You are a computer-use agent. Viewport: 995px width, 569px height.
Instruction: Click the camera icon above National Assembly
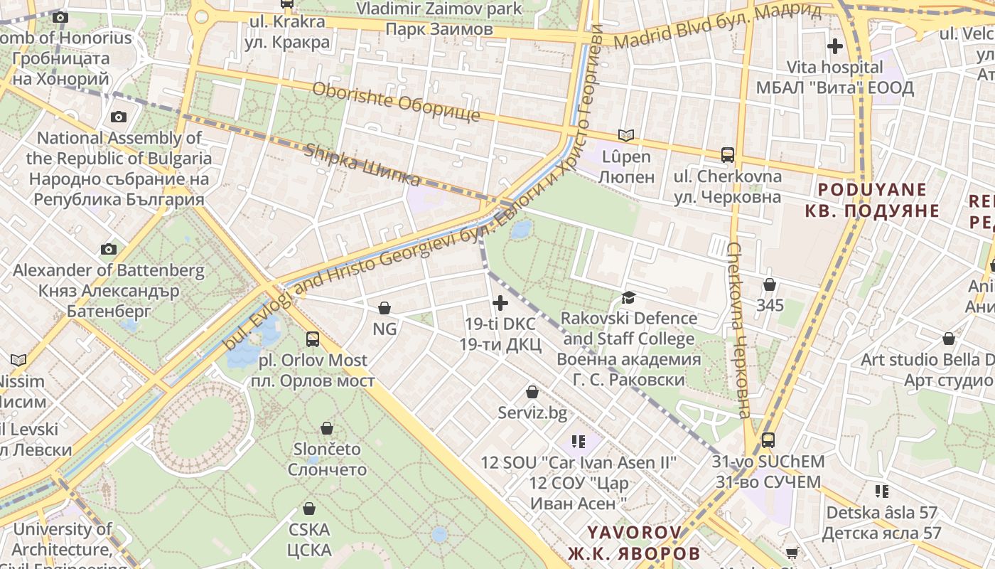pos(119,117)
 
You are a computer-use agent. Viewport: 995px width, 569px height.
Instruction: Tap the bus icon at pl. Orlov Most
pos(313,339)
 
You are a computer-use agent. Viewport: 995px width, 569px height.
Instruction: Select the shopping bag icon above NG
pos(384,308)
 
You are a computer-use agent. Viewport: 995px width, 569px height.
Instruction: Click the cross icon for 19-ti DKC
pos(500,303)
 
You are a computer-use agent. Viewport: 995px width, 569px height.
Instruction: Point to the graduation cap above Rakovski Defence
pos(628,297)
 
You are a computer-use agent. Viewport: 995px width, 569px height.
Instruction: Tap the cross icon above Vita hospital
pos(835,47)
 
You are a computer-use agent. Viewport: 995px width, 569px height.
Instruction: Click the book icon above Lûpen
pos(625,135)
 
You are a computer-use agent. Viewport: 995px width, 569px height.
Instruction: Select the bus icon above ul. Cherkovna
pos(728,154)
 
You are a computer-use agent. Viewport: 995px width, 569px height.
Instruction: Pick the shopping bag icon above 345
pos(770,285)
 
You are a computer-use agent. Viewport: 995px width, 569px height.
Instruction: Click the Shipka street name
pos(362,164)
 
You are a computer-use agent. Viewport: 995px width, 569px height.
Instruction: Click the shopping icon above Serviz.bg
pos(532,392)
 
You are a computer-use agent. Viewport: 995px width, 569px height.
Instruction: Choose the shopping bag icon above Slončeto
pos(327,428)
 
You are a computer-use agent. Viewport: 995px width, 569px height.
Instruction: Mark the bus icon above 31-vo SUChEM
pos(768,440)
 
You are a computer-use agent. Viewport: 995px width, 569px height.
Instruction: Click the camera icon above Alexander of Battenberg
pos(109,249)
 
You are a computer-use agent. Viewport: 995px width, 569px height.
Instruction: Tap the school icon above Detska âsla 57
pos(882,491)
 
